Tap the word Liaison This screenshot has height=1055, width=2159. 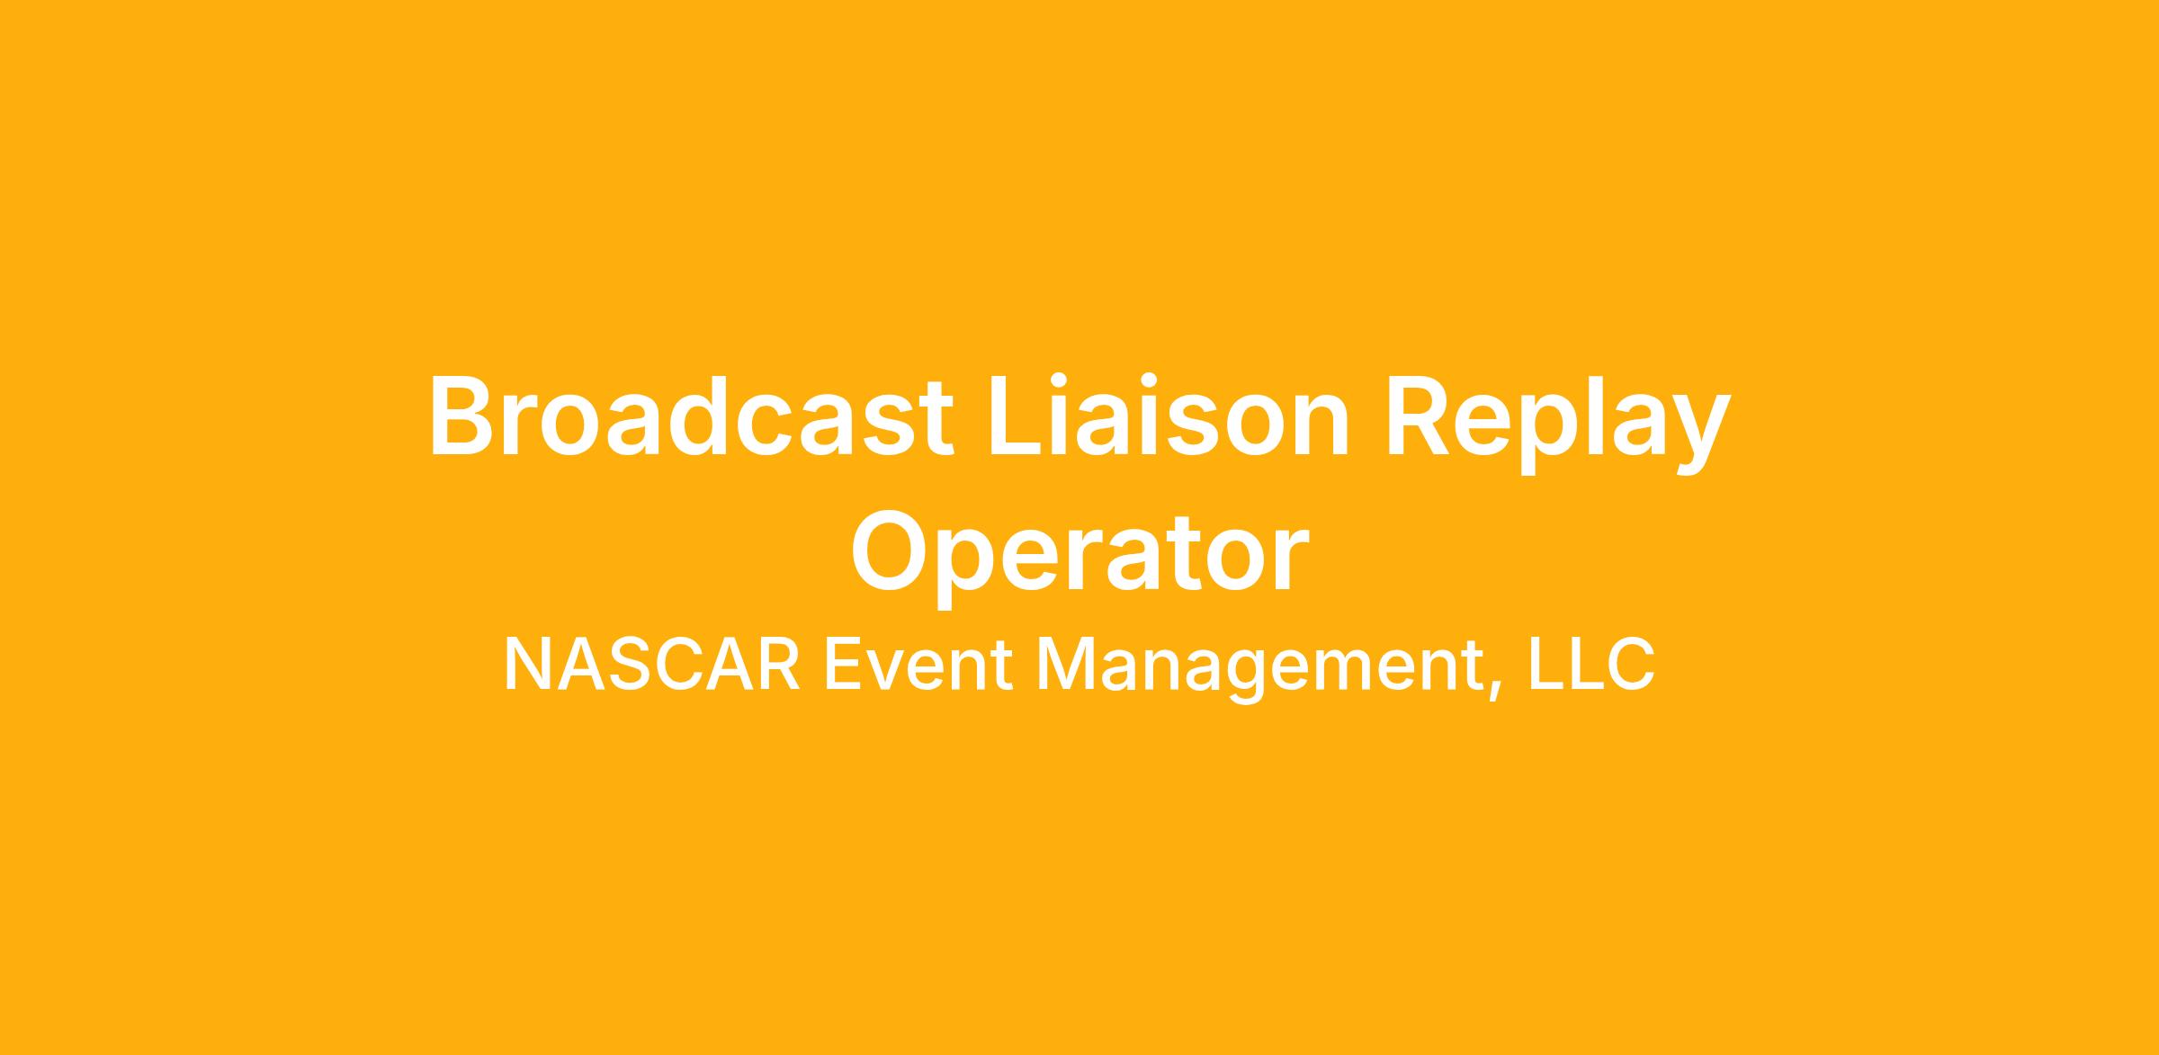click(1169, 416)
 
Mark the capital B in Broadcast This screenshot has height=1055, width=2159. click(465, 416)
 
